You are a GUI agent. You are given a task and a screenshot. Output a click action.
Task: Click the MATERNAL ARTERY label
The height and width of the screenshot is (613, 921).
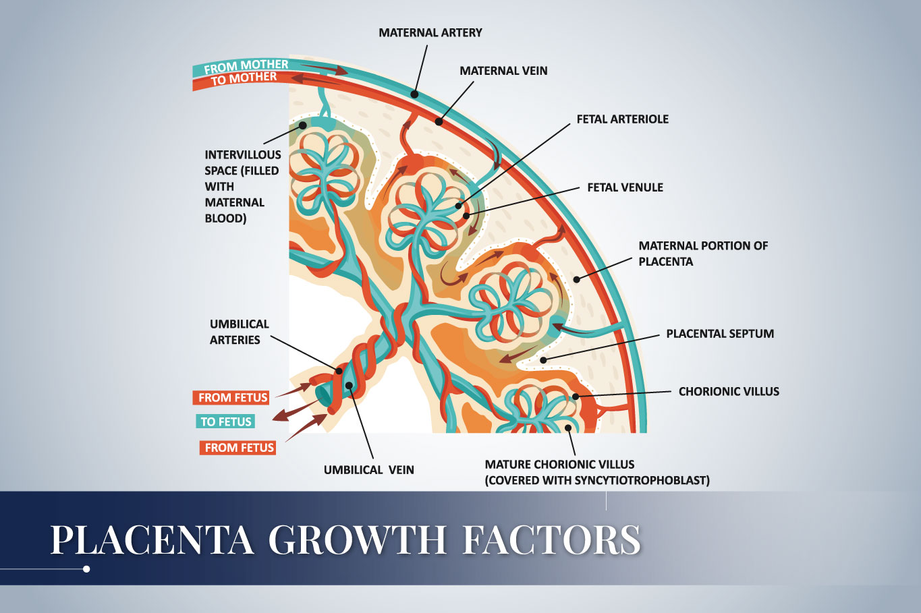[430, 32]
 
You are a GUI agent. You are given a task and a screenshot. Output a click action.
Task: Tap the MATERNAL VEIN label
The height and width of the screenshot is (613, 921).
[503, 71]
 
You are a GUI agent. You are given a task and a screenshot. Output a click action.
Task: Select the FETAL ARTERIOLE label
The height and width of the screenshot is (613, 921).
[622, 119]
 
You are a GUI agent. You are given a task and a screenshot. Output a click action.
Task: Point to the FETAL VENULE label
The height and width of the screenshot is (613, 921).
[625, 187]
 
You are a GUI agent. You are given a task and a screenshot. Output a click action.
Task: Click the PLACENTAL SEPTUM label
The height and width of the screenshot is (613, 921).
[719, 334]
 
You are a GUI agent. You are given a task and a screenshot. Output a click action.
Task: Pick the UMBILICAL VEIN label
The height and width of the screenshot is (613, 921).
[368, 470]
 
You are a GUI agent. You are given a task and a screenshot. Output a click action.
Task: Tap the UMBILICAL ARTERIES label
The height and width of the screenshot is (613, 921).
[239, 332]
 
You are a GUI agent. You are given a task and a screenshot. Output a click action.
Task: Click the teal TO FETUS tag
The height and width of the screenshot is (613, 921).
[225, 422]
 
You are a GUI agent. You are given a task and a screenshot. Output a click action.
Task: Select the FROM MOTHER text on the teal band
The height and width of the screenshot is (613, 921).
[246, 66]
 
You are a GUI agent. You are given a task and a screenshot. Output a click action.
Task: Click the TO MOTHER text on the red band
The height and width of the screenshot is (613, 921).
[244, 78]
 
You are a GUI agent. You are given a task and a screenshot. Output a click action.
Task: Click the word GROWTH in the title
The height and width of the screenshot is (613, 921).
[358, 539]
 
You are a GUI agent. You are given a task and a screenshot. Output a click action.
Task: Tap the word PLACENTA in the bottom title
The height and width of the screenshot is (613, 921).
[152, 539]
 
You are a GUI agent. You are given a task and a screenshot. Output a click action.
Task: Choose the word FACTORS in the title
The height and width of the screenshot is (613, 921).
[551, 539]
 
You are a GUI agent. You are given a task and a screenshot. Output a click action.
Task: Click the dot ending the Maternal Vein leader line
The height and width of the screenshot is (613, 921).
[439, 122]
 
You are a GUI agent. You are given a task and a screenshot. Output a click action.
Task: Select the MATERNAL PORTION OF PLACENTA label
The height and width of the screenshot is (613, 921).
[702, 254]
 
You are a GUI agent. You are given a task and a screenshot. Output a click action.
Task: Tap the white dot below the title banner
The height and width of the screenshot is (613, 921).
[86, 569]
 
